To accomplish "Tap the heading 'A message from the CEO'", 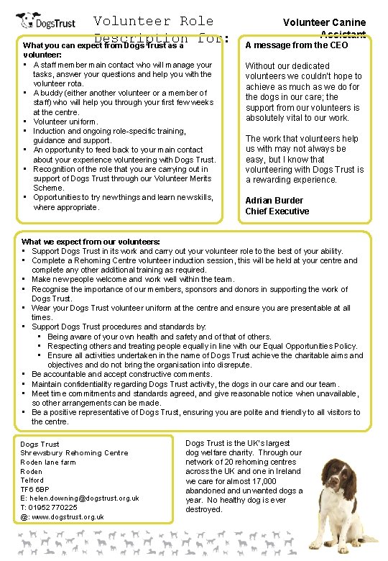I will [x=296, y=45].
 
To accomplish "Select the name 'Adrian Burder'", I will [x=274, y=200].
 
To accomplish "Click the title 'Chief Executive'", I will [x=277, y=211].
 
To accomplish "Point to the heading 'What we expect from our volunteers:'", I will [x=91, y=241].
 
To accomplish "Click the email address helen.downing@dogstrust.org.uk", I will [x=80, y=498].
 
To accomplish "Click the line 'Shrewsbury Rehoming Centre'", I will [x=74, y=453].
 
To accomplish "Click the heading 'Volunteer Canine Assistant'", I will [x=324, y=27].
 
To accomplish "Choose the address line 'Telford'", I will [x=32, y=480].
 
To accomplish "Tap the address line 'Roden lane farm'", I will [x=47, y=462].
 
